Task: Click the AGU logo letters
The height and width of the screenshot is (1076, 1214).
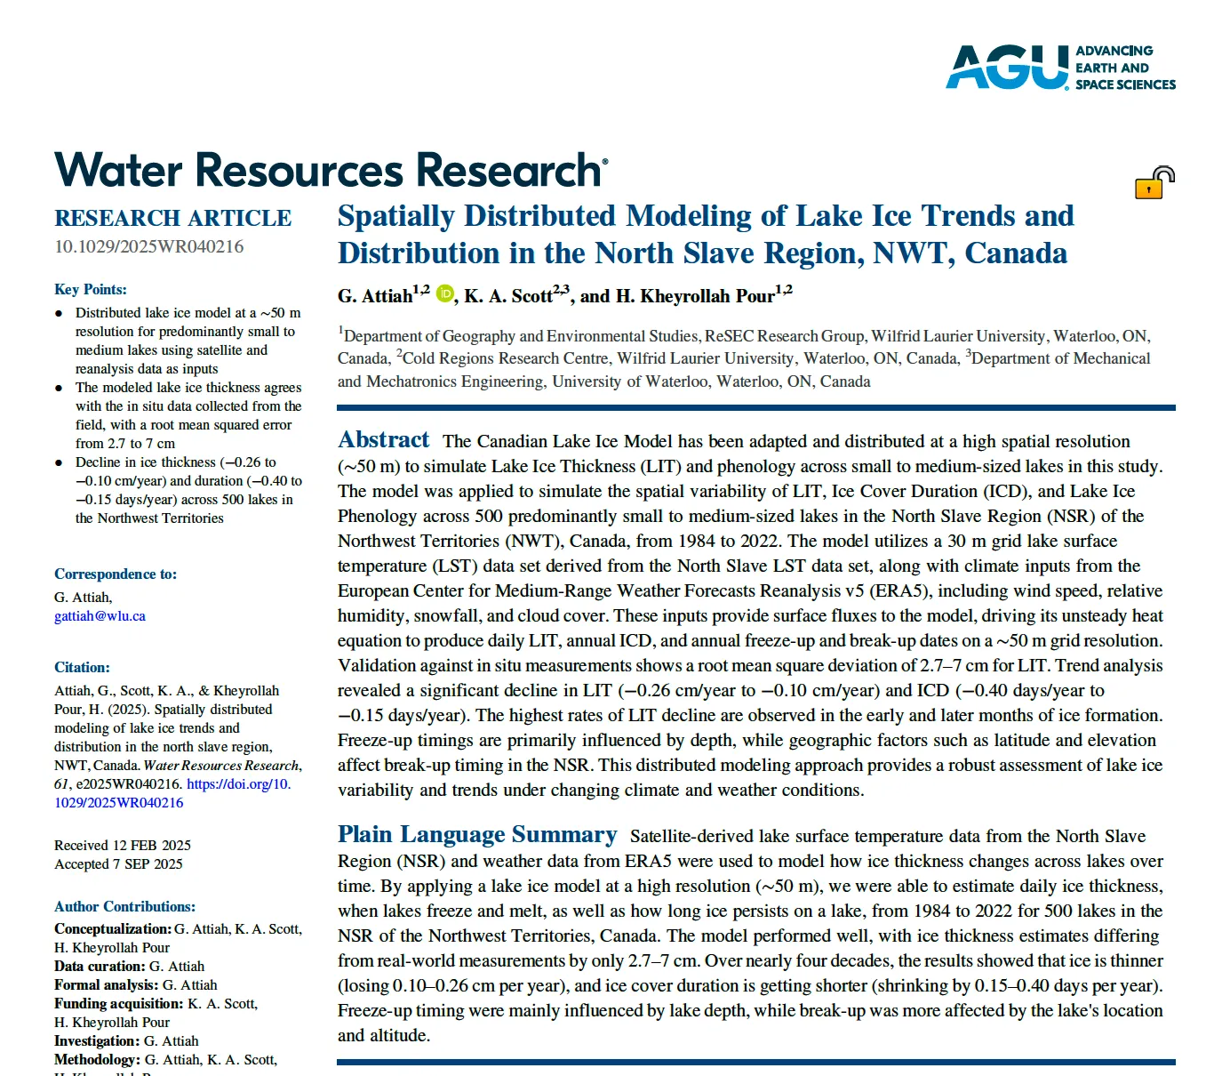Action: (x=1006, y=68)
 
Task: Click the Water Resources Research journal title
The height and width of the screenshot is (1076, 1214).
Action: (x=331, y=170)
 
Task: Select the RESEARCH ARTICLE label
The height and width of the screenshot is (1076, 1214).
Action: (x=172, y=219)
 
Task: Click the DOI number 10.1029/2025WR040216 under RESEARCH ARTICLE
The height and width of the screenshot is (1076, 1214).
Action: (x=148, y=246)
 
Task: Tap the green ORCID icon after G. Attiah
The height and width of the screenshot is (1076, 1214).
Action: (x=444, y=293)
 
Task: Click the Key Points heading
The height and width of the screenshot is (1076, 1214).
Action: (x=91, y=289)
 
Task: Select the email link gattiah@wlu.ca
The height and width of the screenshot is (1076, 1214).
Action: (x=100, y=615)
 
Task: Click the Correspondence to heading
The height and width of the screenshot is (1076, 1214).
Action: (x=116, y=574)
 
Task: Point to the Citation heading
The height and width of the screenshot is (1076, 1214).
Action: (x=82, y=667)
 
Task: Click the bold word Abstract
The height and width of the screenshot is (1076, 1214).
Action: (x=383, y=440)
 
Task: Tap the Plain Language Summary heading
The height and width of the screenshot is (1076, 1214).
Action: (x=476, y=835)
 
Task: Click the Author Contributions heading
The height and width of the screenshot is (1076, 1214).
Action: (x=124, y=906)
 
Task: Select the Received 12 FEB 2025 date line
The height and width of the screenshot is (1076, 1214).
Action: (x=123, y=845)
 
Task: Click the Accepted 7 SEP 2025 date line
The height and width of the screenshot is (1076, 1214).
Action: (x=118, y=863)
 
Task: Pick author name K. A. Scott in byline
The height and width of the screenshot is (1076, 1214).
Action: (x=508, y=296)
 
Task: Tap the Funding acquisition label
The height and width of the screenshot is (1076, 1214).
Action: (x=119, y=1003)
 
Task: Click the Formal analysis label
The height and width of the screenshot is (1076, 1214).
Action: (x=107, y=984)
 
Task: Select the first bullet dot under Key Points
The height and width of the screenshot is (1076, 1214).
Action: (x=59, y=313)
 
